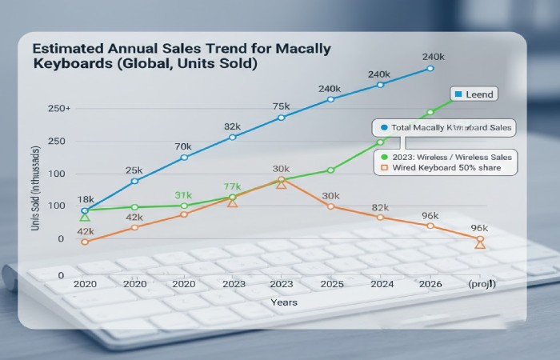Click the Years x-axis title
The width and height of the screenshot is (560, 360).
click(283, 302)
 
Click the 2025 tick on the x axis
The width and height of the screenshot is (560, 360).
click(331, 284)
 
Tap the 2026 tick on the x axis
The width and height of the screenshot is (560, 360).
click(430, 284)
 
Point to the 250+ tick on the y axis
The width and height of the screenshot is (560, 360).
click(59, 108)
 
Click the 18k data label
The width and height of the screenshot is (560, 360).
click(86, 199)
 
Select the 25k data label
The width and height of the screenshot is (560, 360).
click(134, 170)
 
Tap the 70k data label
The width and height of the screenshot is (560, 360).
click(183, 146)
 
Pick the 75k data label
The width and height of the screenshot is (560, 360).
click(281, 106)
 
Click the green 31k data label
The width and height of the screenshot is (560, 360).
click(183, 195)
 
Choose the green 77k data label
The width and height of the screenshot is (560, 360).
click(232, 186)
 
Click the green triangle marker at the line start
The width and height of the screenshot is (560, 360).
click(85, 217)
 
